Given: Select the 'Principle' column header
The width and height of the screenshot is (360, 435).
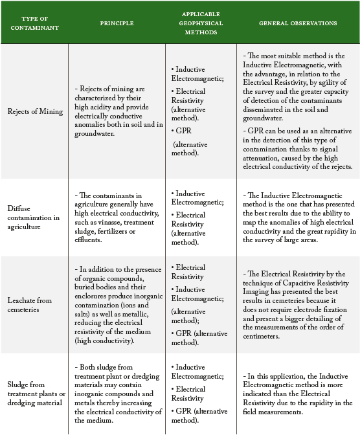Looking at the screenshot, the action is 117,23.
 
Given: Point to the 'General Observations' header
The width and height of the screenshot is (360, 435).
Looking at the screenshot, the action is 298,23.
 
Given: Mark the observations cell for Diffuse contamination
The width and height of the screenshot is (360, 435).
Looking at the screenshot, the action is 298,217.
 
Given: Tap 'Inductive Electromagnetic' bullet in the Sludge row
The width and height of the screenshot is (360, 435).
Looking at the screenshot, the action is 198,371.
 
